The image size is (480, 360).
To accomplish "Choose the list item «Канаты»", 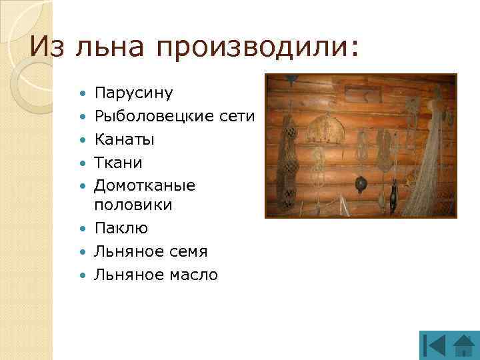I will (124, 140).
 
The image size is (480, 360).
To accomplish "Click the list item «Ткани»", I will (119, 163).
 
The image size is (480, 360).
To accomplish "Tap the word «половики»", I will (133, 205).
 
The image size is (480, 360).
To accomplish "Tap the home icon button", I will (463, 345).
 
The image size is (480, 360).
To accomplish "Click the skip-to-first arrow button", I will (434, 345).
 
